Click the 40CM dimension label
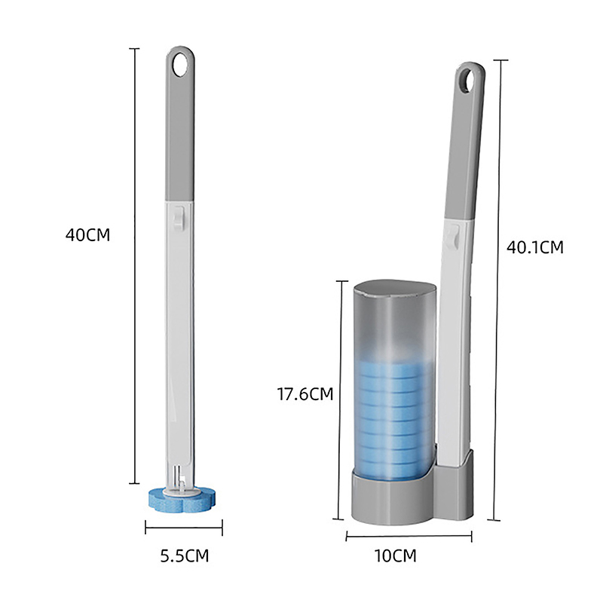(x=87, y=235)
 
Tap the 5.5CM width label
(x=185, y=556)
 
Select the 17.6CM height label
(x=305, y=394)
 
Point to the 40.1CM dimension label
(x=535, y=247)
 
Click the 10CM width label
(x=395, y=556)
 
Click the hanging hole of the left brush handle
(x=180, y=65)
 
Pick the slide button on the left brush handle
(x=179, y=218)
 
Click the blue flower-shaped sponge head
(x=182, y=499)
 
